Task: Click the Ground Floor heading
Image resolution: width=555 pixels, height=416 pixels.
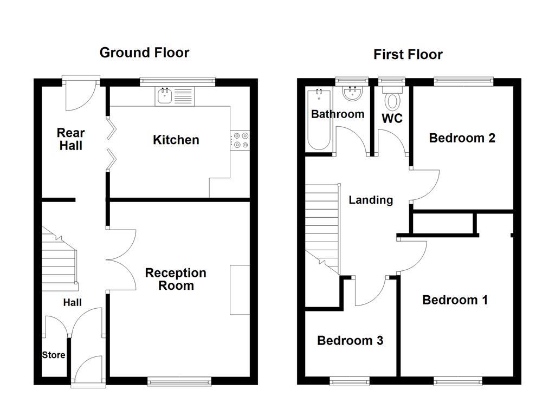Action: (144, 53)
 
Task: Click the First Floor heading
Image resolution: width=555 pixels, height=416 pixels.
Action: (408, 55)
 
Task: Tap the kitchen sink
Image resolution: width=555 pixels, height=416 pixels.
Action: (164, 97)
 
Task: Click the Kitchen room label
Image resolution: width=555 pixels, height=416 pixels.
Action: (176, 140)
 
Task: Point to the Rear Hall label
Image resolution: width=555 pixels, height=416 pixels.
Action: (71, 139)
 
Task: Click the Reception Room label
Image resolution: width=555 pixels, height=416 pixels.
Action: (176, 279)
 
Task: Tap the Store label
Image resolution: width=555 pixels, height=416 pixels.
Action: (54, 355)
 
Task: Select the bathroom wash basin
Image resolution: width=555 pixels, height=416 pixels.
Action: (352, 94)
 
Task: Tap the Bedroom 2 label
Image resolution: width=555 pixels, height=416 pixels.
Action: (462, 138)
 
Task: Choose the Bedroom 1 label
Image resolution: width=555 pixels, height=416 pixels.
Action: (455, 300)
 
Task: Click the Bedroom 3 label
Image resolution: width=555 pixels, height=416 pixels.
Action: (350, 340)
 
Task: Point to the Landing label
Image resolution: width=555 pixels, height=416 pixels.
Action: (370, 200)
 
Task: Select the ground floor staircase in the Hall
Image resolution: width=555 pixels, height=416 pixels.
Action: (58, 260)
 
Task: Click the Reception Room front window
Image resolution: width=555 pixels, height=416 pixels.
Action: (179, 382)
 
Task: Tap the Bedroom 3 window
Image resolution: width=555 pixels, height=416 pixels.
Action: (350, 382)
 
